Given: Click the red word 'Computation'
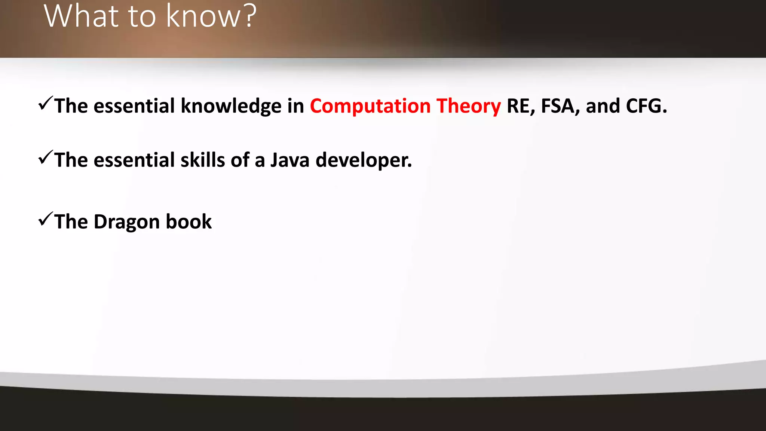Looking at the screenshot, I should (x=370, y=106).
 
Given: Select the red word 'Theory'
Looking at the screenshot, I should (x=469, y=107).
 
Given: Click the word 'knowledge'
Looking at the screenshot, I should (x=231, y=106).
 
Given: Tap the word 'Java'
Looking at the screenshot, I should (x=290, y=160).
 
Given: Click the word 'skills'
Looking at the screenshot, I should (x=203, y=160).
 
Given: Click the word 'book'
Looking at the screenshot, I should (x=189, y=221).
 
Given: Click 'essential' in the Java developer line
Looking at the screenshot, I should (x=134, y=160).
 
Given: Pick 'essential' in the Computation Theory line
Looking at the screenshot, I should (x=134, y=106).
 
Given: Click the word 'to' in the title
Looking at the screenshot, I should (x=142, y=17).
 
